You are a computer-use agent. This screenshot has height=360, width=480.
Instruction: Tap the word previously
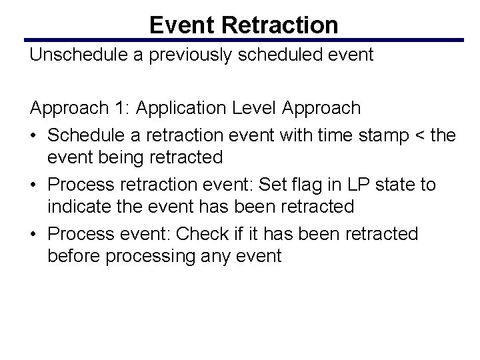click(x=195, y=55)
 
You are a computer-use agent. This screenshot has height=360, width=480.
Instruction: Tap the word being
click(x=113, y=158)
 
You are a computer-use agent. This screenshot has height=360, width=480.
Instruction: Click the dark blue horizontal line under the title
click(x=243, y=40)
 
